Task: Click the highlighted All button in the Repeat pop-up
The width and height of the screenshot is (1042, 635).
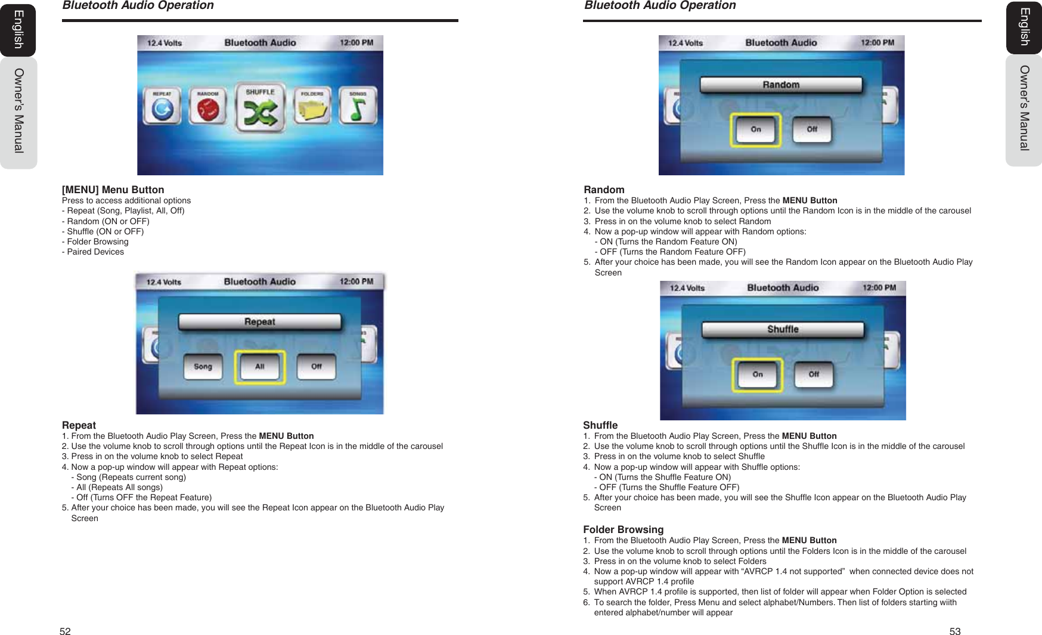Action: click(x=260, y=367)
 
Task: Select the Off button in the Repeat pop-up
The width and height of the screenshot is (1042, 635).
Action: click(x=316, y=367)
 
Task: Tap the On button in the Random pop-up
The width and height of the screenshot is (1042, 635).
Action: click(x=756, y=129)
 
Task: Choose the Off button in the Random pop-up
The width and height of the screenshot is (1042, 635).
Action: click(x=812, y=129)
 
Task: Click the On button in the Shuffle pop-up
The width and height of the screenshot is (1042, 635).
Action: click(x=757, y=374)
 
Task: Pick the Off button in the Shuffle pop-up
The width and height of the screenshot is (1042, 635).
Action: click(x=814, y=374)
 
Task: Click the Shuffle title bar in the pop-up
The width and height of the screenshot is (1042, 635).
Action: click(x=783, y=329)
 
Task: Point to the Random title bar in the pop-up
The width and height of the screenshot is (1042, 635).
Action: click(x=781, y=85)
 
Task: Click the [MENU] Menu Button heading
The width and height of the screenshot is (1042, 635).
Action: click(x=113, y=190)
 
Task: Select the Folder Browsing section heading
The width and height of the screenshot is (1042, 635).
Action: click(x=623, y=529)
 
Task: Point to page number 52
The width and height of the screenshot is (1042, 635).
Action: click(x=65, y=631)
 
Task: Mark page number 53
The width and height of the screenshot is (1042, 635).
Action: click(x=955, y=631)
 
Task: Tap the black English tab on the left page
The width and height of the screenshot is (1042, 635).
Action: click(x=18, y=30)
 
